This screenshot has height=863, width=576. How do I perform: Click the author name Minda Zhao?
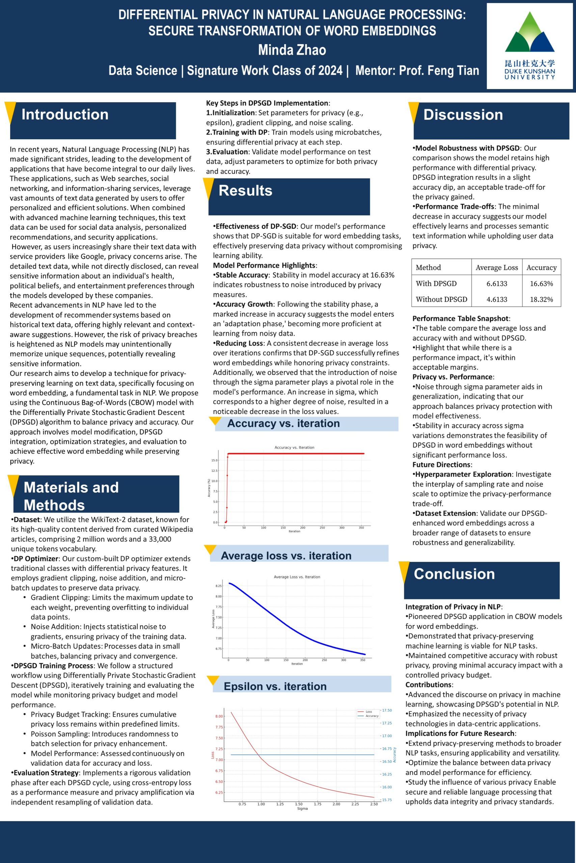[x=292, y=50]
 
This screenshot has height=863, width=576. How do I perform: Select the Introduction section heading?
[x=65, y=115]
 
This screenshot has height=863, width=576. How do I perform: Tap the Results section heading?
[x=245, y=190]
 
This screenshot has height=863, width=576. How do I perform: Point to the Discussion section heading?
[x=463, y=115]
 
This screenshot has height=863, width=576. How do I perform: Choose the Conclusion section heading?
[x=455, y=574]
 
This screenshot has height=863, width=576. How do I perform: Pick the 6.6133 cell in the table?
[x=497, y=284]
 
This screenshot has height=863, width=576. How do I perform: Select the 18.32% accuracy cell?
[x=541, y=299]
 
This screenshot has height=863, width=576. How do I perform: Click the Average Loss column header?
[x=497, y=267]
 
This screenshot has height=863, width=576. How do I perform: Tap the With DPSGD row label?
[x=436, y=284]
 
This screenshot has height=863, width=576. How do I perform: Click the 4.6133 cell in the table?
[x=497, y=299]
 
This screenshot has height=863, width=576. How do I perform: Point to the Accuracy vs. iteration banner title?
[x=283, y=423]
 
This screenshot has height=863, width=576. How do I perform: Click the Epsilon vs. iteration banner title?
[x=275, y=686]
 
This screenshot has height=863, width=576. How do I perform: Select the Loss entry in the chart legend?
[x=369, y=711]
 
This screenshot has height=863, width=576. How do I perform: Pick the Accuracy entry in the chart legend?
[x=372, y=716]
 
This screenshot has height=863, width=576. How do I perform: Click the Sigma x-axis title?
[x=302, y=808]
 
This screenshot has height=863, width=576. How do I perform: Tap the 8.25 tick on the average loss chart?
[x=219, y=586]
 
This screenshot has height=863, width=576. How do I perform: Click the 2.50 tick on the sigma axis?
[x=374, y=804]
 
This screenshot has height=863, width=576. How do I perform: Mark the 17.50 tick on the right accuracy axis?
[x=387, y=710]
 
